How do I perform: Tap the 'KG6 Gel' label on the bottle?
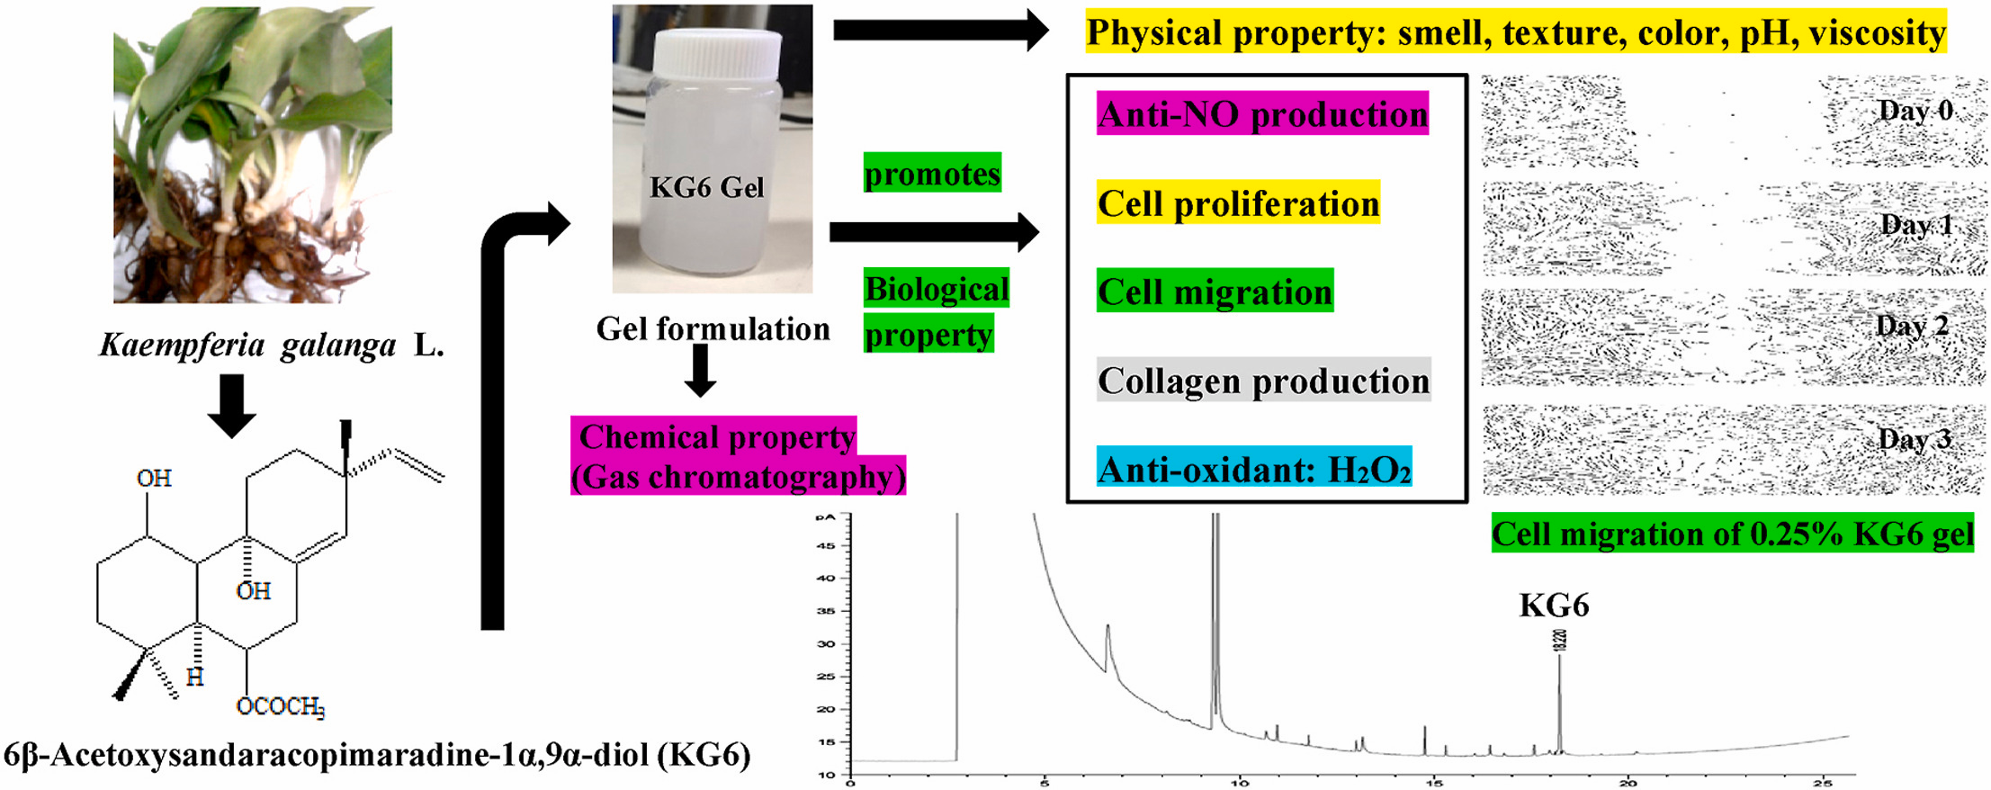706,187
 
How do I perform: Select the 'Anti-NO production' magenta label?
1262,114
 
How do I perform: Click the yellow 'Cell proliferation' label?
1238,203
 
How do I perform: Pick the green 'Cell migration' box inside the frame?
1215,292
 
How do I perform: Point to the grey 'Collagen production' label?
1263,381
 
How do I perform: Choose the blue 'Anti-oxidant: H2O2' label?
1254,469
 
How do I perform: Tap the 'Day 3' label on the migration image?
1915,439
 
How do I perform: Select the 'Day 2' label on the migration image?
1912,325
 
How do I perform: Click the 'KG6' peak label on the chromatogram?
1554,606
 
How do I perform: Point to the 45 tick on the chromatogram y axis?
825,546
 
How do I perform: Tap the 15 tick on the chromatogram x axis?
1434,783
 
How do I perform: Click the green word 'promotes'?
932,173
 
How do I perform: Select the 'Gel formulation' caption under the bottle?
713,329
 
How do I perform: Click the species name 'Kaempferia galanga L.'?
271,345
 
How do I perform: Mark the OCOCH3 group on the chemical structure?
280,706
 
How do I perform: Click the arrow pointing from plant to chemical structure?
232,405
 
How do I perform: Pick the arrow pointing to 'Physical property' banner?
940,31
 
